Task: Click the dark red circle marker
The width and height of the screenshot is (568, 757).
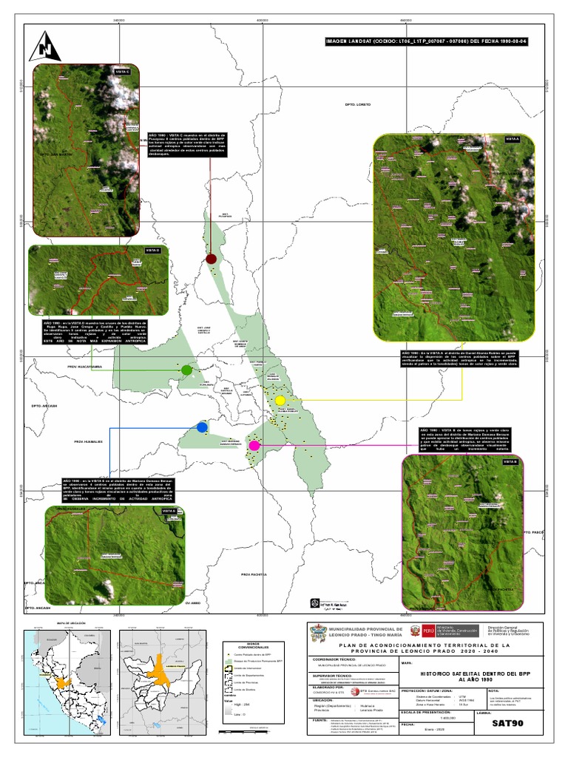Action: click(x=211, y=259)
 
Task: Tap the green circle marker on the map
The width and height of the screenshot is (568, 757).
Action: click(x=186, y=369)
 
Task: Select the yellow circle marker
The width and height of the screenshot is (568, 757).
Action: click(x=280, y=400)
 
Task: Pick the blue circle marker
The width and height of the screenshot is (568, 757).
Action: click(x=202, y=427)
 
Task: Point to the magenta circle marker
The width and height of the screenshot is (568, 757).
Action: click(x=254, y=445)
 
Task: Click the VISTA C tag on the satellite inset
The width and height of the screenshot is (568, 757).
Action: click(x=123, y=71)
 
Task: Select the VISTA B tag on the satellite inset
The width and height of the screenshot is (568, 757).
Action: click(x=510, y=461)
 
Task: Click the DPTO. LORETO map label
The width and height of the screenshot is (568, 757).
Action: click(x=357, y=105)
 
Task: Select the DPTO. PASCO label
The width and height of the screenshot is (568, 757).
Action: click(x=533, y=532)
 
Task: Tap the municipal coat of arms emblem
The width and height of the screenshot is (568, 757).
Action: click(x=319, y=634)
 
